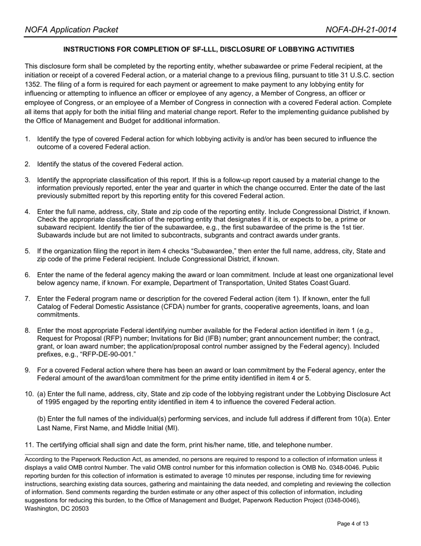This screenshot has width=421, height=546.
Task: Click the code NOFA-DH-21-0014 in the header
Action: point(361,30)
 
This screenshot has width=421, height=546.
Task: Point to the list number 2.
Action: point(27,164)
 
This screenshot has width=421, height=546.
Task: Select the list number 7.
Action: point(27,299)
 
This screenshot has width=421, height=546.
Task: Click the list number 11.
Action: point(29,445)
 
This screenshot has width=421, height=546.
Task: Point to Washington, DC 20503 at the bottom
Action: point(57,509)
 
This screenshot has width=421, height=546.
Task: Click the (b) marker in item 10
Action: point(41,419)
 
